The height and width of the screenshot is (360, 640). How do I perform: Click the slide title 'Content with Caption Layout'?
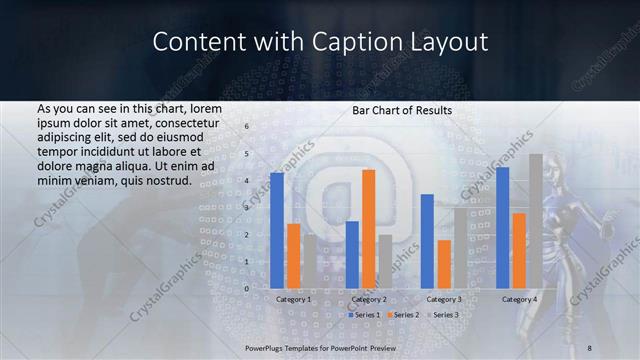point(320,42)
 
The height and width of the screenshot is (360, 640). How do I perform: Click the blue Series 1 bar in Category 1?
point(277,230)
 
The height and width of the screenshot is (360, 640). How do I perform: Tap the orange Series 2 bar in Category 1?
point(293,255)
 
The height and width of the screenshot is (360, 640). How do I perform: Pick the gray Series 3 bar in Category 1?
point(309,261)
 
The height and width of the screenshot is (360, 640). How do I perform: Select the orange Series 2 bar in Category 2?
point(369,228)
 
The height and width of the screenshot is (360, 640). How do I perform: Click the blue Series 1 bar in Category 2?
point(352,254)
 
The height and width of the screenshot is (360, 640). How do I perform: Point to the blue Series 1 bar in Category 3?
point(427,240)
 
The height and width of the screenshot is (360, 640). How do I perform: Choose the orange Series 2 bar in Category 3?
point(443,263)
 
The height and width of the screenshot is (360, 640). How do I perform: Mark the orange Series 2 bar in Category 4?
point(519,250)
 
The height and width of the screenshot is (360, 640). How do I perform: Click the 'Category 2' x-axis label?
point(369,299)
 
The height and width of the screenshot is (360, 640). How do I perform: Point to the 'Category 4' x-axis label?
point(519,299)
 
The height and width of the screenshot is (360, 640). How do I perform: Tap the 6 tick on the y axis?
point(246,127)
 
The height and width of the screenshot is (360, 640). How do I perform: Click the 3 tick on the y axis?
point(246,208)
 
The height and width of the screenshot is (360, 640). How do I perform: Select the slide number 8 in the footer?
point(589,347)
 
